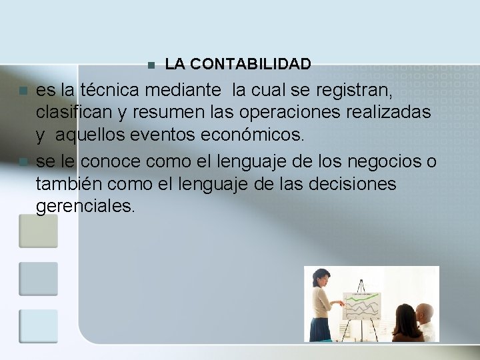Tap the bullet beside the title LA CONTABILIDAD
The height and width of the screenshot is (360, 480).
[151, 65]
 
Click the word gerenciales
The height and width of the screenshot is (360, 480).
[85, 207]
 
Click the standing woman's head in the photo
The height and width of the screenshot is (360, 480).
[323, 276]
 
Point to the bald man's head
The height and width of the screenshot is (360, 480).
[424, 311]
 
